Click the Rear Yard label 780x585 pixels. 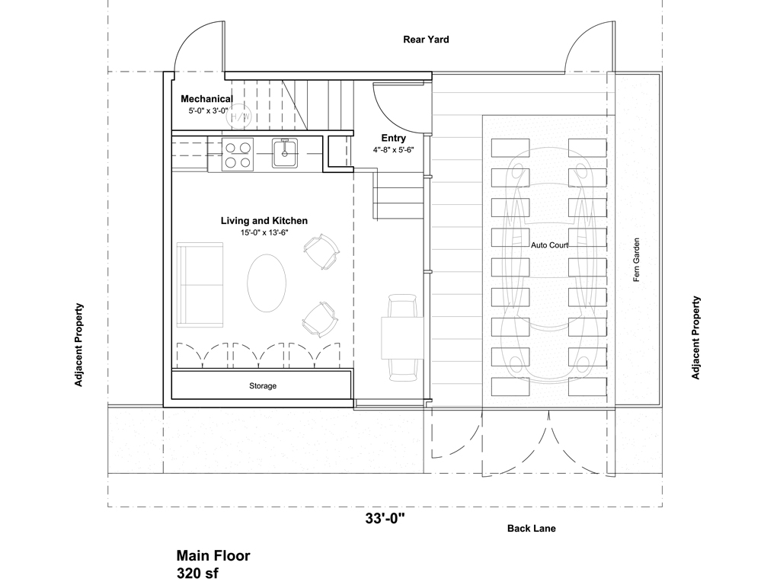click(426, 40)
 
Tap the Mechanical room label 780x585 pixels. click(206, 99)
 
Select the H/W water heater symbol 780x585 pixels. click(239, 116)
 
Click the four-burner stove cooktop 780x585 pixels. click(237, 155)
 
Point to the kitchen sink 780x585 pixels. click(286, 153)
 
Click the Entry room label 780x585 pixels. click(394, 139)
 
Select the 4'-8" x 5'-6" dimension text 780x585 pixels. click(394, 151)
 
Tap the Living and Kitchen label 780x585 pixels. click(264, 221)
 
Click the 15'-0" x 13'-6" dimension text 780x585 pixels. click(264, 233)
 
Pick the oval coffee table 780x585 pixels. click(267, 282)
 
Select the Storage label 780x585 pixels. click(263, 386)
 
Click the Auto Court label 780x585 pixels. click(549, 245)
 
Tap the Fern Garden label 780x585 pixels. click(638, 261)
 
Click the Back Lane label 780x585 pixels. click(532, 529)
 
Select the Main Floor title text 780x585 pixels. click(213, 556)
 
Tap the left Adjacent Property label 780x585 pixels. click(78, 345)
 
